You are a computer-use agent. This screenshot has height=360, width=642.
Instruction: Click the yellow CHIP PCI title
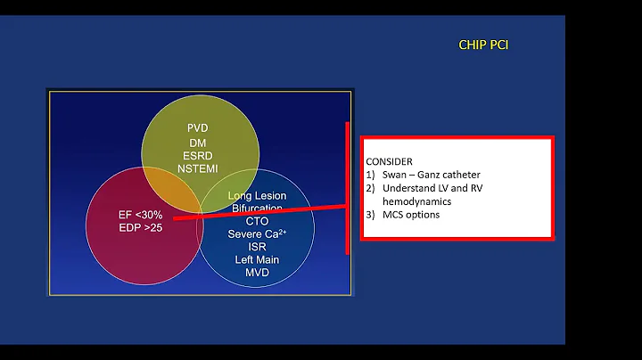tap(483, 45)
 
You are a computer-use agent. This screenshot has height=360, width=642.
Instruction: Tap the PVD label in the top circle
tap(198, 128)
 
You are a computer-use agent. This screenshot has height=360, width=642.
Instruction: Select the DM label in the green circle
tap(198, 142)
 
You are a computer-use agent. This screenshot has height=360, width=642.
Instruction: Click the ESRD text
tap(198, 154)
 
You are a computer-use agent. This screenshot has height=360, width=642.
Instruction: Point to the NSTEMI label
tap(198, 168)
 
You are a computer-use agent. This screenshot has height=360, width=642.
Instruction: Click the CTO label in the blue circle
tap(257, 221)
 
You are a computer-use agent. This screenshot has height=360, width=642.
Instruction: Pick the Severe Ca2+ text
tap(257, 233)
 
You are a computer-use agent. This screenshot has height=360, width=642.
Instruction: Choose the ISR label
tap(257, 247)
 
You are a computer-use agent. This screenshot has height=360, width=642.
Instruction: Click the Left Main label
tap(257, 259)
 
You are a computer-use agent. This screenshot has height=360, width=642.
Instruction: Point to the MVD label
tap(257, 272)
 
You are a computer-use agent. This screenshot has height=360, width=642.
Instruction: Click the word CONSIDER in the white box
tap(389, 161)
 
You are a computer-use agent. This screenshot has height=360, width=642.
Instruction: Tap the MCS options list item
tap(411, 215)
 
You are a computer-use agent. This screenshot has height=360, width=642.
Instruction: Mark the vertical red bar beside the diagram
tap(348, 187)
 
